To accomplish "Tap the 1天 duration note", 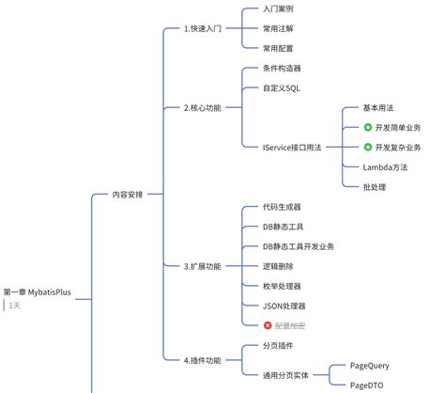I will tap(16, 306).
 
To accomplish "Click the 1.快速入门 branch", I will tap(202, 28).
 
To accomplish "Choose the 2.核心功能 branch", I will tap(202, 107).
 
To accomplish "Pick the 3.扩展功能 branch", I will tap(202, 266).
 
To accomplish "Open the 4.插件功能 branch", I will tap(202, 359).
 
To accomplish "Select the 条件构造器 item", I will tap(283, 69).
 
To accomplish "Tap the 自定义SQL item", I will tap(283, 87).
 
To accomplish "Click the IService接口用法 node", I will tap(298, 147).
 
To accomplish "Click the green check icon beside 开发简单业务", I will tap(368, 127).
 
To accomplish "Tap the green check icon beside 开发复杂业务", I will tap(368, 147).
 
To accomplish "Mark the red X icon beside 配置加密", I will tap(269, 325).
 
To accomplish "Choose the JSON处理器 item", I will tap(284, 306).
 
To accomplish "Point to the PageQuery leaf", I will tap(369, 365).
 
